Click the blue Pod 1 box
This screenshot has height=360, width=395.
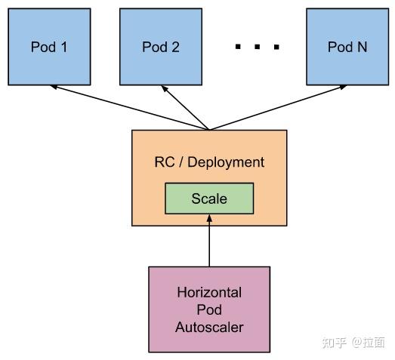click(x=49, y=47)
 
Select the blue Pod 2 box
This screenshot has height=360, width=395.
click(x=160, y=47)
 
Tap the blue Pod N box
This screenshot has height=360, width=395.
click(x=347, y=47)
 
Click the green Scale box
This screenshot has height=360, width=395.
click(x=209, y=199)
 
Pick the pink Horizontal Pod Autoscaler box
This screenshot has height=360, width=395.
click(x=209, y=309)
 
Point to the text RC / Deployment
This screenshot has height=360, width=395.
click(x=209, y=162)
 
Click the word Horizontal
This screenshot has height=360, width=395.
click(x=209, y=292)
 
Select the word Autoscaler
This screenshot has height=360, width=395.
click(x=209, y=328)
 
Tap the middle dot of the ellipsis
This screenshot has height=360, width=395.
click(x=257, y=48)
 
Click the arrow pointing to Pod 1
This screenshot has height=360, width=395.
click(x=128, y=107)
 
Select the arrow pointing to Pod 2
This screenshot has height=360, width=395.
click(x=186, y=108)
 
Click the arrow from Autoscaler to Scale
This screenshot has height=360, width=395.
click(x=209, y=242)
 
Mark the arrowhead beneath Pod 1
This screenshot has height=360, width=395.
click(x=54, y=88)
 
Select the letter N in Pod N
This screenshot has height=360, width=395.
click(x=362, y=47)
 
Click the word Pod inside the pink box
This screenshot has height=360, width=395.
click(x=209, y=309)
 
